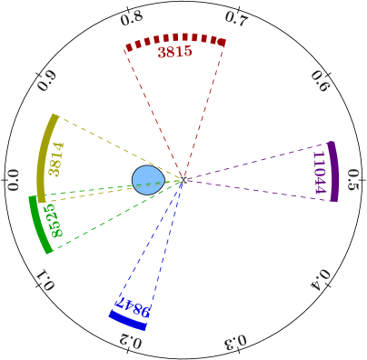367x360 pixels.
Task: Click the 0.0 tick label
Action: pyautogui.click(x=13, y=180)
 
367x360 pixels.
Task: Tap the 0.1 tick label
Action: pyautogui.click(x=45, y=280)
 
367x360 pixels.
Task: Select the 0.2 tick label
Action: pyautogui.click(x=131, y=341)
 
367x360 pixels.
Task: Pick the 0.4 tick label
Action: pyautogui.click(x=321, y=279)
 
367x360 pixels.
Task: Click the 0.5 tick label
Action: pyautogui.click(x=353, y=179)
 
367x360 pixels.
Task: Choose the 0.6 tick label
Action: pyautogui.click(x=320, y=81)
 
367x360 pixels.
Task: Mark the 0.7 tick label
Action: pyautogui.click(x=235, y=19)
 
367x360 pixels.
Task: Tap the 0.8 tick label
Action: pyautogui.click(x=131, y=19)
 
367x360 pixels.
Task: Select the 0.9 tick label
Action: pyautogui.click(x=46, y=81)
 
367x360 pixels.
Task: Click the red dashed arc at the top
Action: pyautogui.click(x=174, y=40)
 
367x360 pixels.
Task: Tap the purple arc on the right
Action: pyautogui.click(x=334, y=171)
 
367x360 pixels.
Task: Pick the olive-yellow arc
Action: pyautogui.click(x=45, y=155)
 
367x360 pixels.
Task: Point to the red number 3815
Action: pyautogui.click(x=174, y=53)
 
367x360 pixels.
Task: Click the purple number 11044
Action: pyautogui.click(x=319, y=172)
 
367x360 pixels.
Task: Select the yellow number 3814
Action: pyautogui.click(x=56, y=159)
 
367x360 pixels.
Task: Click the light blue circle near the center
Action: pyautogui.click(x=148, y=180)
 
